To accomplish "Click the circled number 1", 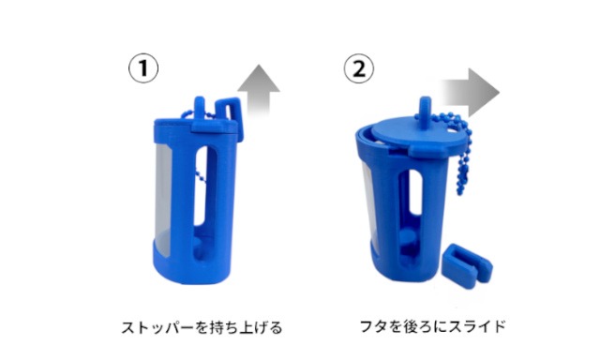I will click(142, 67).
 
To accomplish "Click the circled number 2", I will click(357, 67).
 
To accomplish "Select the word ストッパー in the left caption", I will click(154, 328).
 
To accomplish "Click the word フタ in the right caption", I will click(372, 327).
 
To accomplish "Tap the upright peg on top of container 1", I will click(201, 103).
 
